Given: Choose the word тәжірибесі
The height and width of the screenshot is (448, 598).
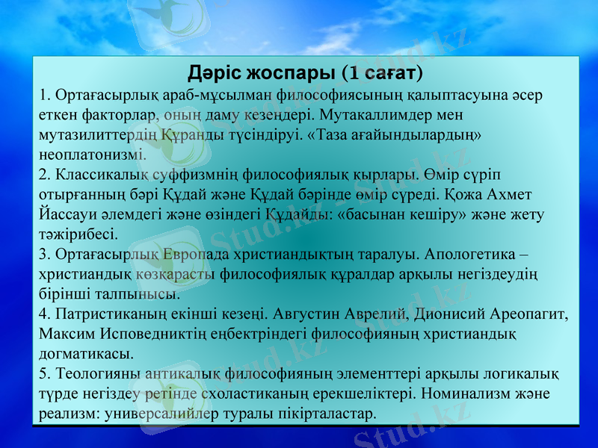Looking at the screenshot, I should tap(78, 234).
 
